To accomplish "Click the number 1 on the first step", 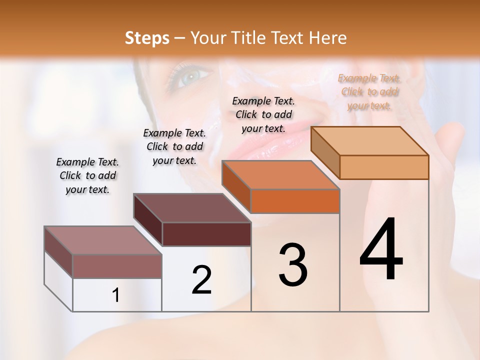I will [x=116, y=295].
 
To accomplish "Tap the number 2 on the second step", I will [x=201, y=280].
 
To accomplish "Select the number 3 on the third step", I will [x=293, y=265].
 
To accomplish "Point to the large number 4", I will [x=381, y=250].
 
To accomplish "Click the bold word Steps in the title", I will [x=147, y=38].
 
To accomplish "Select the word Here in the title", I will [x=327, y=38].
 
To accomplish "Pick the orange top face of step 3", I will [x=280, y=175].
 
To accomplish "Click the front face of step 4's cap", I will [x=384, y=167].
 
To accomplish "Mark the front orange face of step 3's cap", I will [x=295, y=201].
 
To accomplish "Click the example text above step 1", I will [x=87, y=175].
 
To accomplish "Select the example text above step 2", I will [x=174, y=146].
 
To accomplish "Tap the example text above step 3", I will [x=263, y=114].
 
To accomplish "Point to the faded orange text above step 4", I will [x=369, y=91].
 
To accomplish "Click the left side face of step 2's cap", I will [x=148, y=220].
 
